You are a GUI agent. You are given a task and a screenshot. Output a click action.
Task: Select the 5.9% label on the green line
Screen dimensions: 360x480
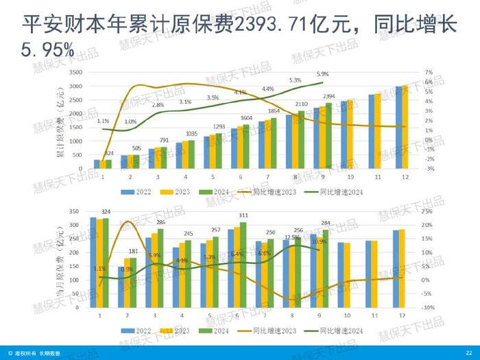point(322,74)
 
